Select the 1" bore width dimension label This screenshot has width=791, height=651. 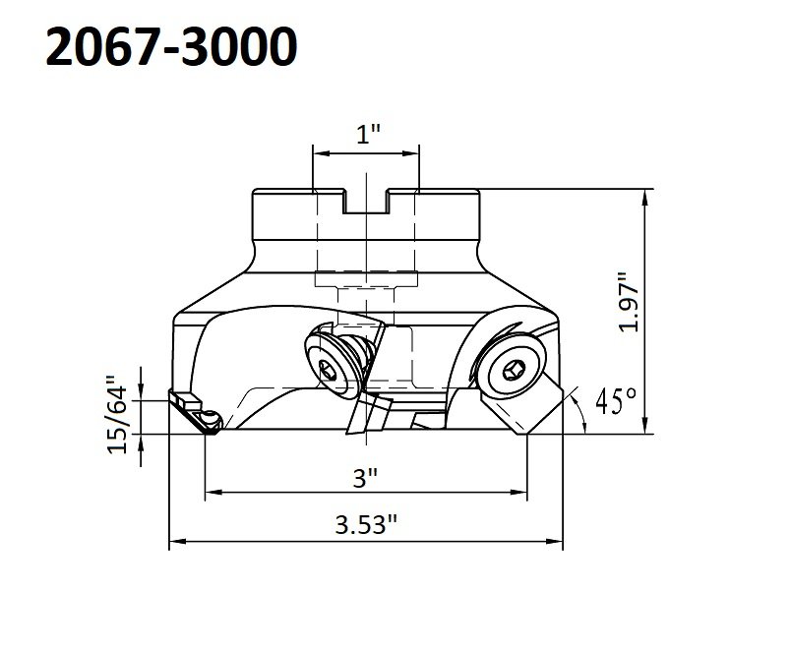(x=367, y=134)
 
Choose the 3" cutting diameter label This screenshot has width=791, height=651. (x=366, y=478)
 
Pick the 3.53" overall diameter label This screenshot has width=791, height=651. (x=366, y=524)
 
